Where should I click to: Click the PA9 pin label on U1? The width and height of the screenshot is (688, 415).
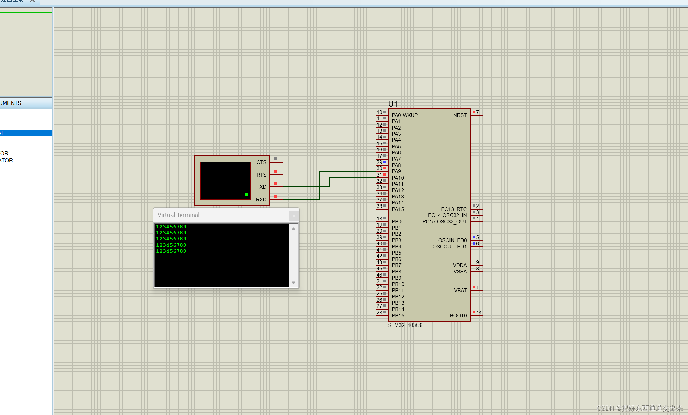(396, 171)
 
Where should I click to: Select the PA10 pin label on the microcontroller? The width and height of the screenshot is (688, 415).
(397, 178)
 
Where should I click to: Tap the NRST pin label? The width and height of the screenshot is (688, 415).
(460, 115)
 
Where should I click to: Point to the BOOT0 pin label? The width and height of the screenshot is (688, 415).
(458, 316)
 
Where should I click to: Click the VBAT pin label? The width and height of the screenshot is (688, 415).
(460, 290)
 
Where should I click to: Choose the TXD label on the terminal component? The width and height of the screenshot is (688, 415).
(261, 187)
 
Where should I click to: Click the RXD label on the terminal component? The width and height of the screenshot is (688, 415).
(261, 200)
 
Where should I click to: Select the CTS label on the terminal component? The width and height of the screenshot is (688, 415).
(261, 162)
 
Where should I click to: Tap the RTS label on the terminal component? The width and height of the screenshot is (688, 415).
(261, 175)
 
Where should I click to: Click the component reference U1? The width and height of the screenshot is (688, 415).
(393, 104)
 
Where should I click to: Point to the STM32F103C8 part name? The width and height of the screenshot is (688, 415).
(405, 325)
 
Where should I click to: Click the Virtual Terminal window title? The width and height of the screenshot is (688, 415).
(178, 215)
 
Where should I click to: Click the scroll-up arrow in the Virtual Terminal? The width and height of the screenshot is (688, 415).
(293, 229)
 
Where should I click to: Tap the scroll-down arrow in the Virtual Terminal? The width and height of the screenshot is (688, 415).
(293, 283)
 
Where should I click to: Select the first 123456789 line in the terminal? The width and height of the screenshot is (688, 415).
(171, 227)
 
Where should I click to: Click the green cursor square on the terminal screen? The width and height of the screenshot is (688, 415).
(246, 195)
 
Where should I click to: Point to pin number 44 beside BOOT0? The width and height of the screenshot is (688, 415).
(479, 313)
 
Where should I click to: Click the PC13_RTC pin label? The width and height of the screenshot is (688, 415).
(454, 209)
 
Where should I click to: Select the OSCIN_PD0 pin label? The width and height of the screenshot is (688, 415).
(452, 240)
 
